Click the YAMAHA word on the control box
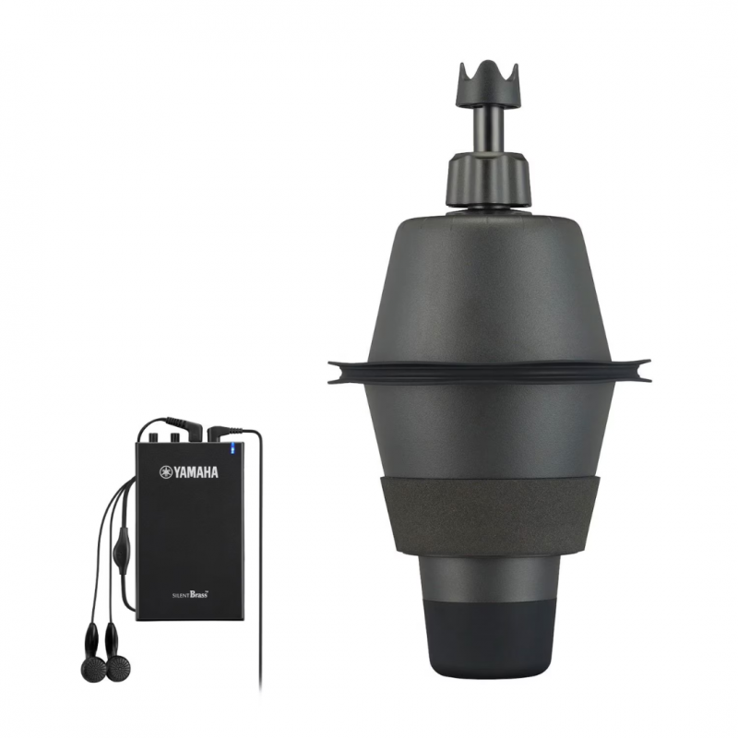click(x=196, y=473)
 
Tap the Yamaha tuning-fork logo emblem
click(x=166, y=473)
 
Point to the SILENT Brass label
click(x=189, y=596)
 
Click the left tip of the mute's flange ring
click(x=333, y=371)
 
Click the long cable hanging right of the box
click(x=259, y=572)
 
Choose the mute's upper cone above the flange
click(x=489, y=286)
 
